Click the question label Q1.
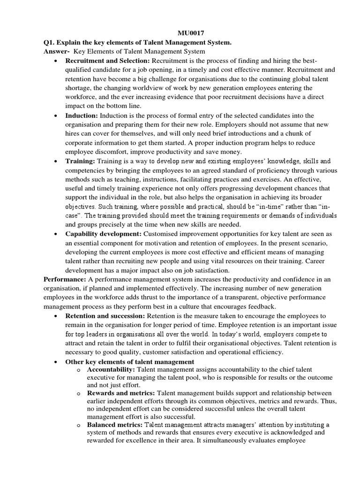[48, 43]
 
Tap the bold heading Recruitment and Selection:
[101, 61]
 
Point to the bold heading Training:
[81, 161]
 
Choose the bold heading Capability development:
[103, 233]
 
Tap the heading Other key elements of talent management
[129, 361]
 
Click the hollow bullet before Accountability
[79, 370]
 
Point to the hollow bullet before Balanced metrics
[79, 425]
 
